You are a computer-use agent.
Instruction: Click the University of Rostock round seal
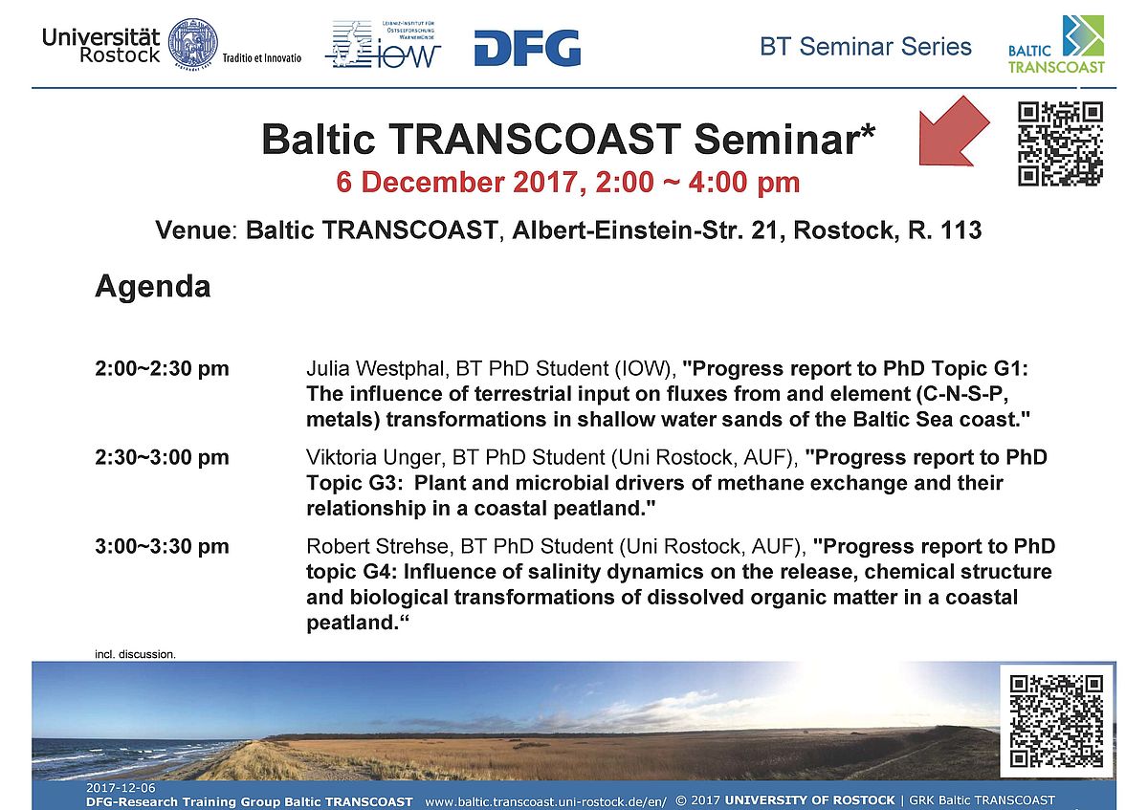193,44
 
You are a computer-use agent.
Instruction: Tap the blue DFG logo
527,48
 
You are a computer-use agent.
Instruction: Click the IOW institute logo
384,45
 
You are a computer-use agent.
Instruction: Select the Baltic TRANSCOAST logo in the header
1057,45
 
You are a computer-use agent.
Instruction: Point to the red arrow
952,132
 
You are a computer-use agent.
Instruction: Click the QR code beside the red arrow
1060,143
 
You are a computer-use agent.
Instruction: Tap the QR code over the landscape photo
1056,720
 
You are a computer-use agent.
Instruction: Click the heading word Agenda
153,286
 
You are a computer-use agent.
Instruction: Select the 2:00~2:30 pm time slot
162,368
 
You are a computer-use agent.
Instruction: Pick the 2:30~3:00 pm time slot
162,457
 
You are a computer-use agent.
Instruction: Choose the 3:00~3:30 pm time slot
162,546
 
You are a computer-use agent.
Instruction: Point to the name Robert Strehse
378,546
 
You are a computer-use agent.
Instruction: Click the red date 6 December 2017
457,183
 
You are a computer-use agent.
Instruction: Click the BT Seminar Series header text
866,47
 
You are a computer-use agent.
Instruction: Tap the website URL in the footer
546,801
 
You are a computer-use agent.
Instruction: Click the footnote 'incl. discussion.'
135,654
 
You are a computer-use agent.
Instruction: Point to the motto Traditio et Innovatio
262,58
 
